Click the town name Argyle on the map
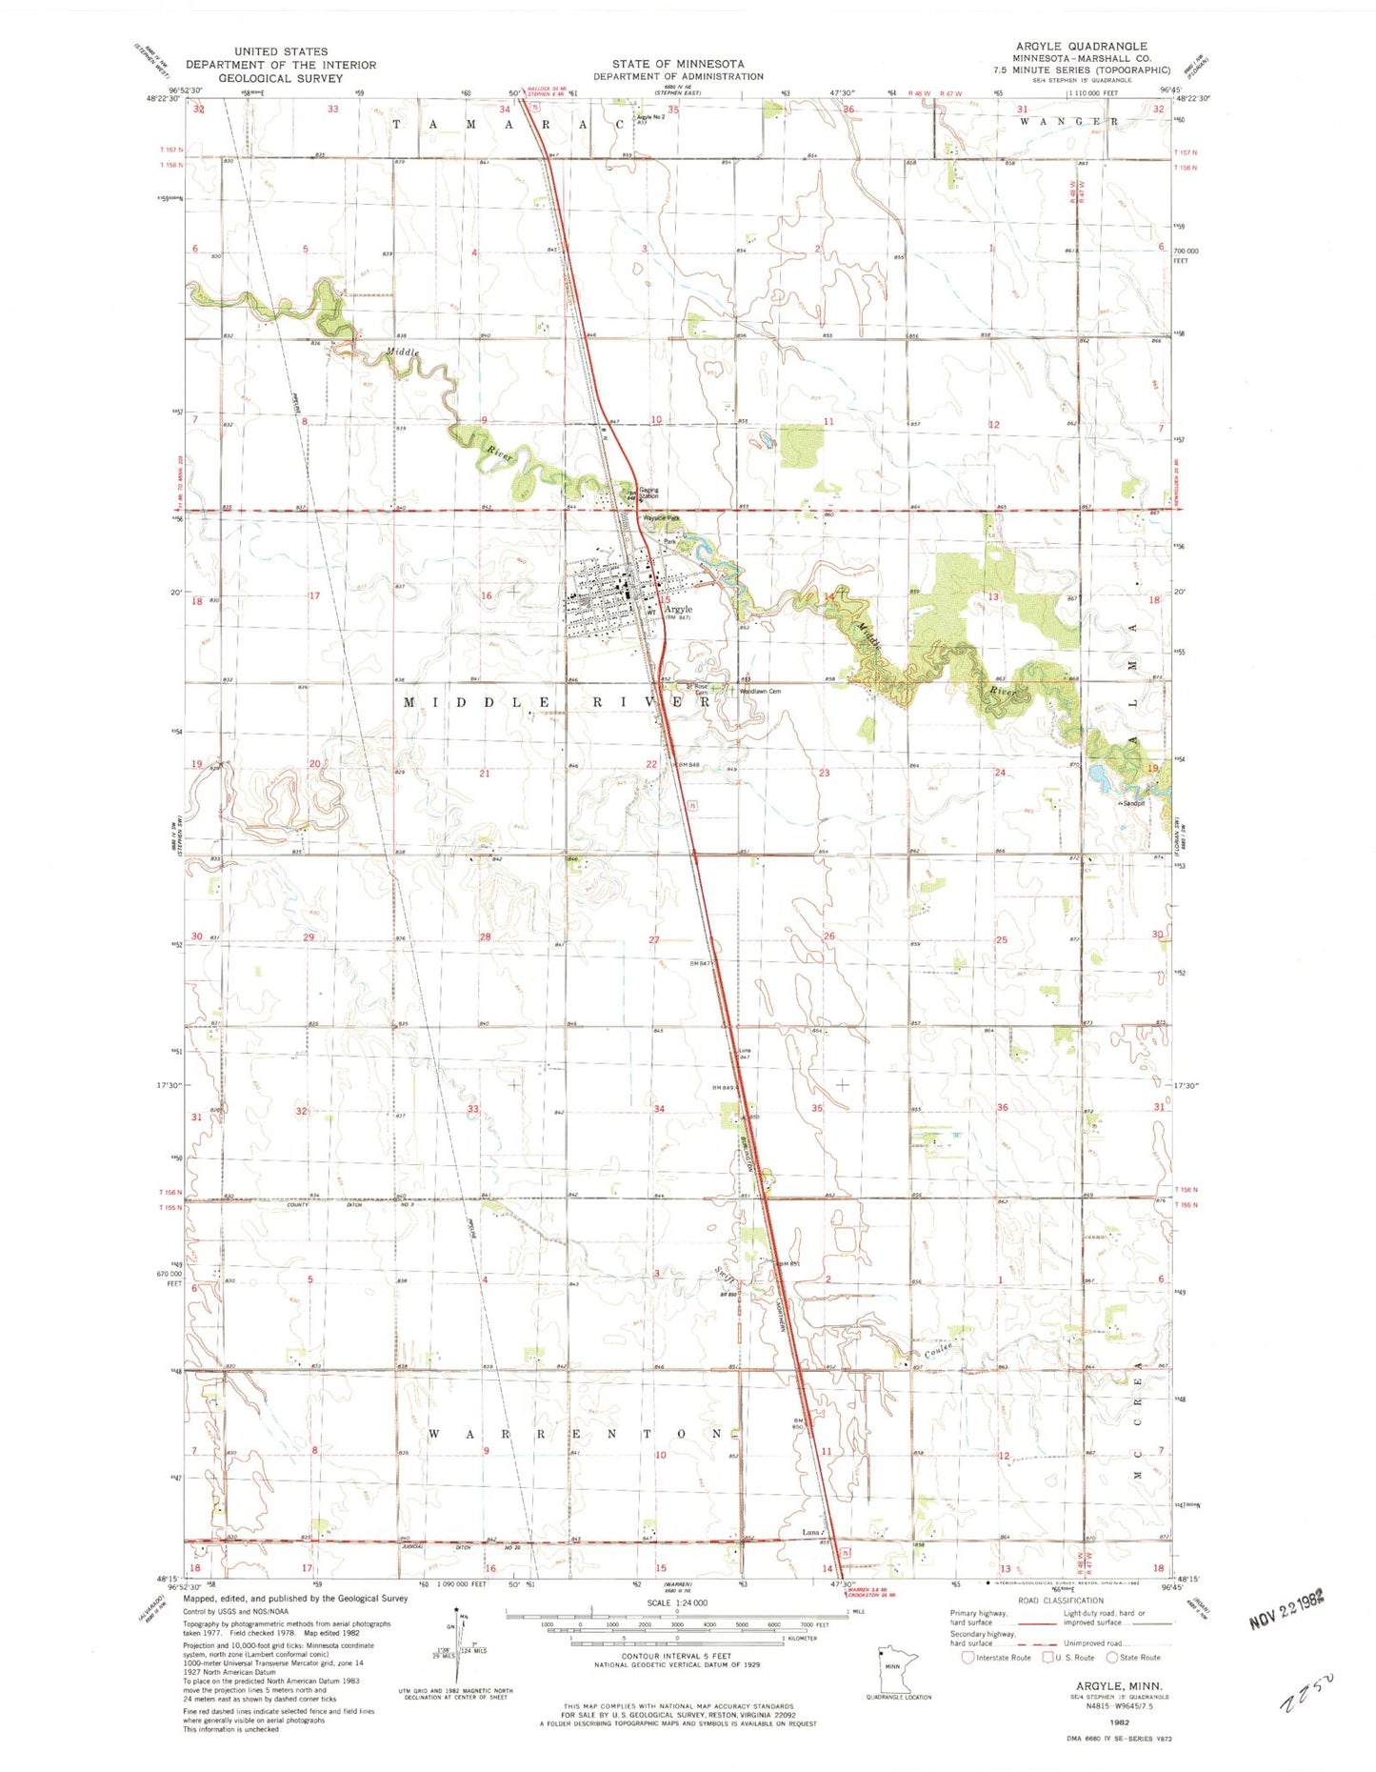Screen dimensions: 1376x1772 [678, 609]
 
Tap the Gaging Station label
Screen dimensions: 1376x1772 [648, 493]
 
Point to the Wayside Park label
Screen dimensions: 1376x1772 [661, 518]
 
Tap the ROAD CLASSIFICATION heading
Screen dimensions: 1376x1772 [1061, 1601]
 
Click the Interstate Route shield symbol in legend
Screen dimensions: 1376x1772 [967, 1657]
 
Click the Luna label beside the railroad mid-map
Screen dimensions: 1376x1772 [746, 1050]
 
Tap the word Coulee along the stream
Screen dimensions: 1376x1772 [941, 1350]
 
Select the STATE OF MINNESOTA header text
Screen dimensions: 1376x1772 [678, 63]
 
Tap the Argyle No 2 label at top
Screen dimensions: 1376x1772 [650, 117]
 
